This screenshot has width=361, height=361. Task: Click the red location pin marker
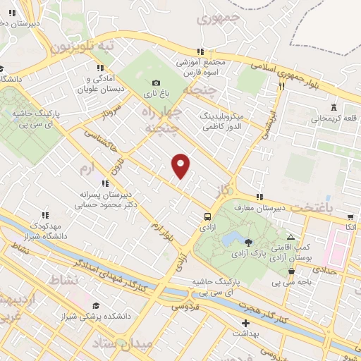(180, 165)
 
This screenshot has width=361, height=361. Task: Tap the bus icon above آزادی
(207, 216)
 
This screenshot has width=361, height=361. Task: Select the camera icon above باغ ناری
(156, 82)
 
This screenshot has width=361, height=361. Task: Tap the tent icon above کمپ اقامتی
(290, 237)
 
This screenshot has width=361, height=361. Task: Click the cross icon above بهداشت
(245, 322)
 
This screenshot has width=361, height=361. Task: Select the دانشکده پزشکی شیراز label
(97, 317)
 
